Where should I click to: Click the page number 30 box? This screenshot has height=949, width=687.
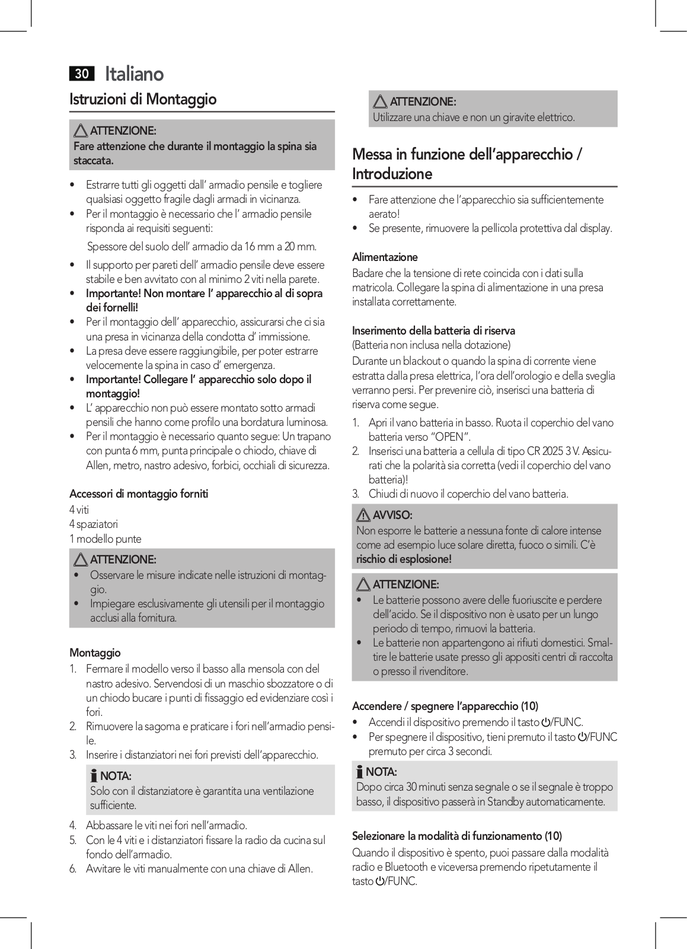[82, 74]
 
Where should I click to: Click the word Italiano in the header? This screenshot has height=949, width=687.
[134, 74]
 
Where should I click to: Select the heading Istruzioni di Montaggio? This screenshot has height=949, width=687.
[143, 99]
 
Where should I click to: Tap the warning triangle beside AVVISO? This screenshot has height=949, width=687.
[363, 515]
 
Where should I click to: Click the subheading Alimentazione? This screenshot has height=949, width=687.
[385, 257]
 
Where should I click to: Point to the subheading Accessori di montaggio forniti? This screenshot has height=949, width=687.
[139, 493]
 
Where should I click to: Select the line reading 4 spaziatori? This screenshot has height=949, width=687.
[94, 524]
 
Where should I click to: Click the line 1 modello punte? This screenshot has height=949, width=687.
[106, 539]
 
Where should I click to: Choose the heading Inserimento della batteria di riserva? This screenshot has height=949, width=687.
[433, 330]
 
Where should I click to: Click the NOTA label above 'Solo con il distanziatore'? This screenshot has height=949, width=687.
[116, 776]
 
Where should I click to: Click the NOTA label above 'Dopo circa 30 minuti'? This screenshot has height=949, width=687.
[381, 772]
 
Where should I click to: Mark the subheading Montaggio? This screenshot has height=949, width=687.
[95, 652]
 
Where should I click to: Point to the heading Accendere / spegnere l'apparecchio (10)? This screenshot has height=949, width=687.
[445, 706]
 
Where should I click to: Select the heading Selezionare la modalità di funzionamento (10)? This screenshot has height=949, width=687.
[457, 836]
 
